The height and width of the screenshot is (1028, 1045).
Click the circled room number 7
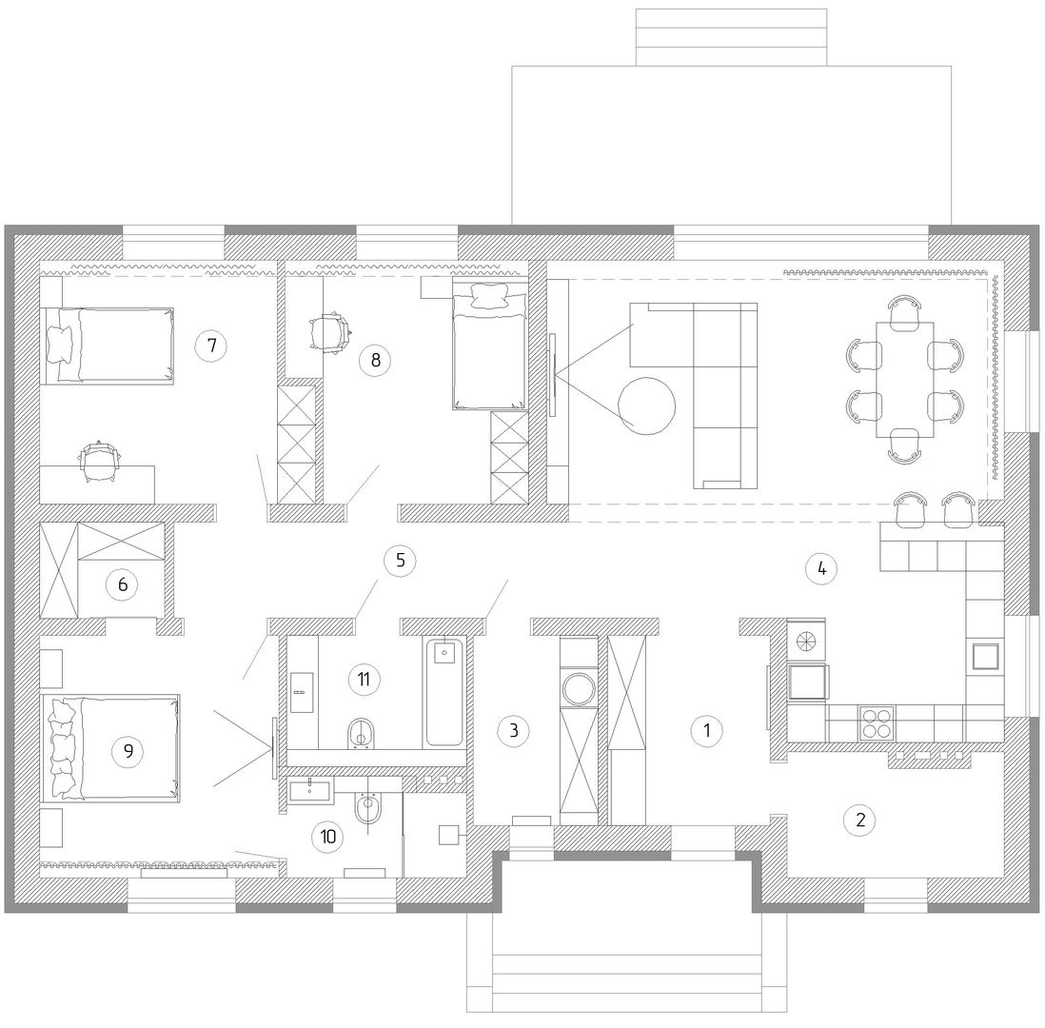click(x=211, y=346)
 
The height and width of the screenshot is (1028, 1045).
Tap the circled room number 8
click(x=375, y=360)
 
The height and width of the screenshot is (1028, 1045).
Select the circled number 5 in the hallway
click(x=400, y=560)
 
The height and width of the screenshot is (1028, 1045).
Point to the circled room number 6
click(x=123, y=584)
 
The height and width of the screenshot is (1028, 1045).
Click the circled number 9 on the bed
click(x=128, y=751)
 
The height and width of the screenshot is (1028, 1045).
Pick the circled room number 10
click(x=328, y=836)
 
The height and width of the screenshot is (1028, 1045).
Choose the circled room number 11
click(x=364, y=680)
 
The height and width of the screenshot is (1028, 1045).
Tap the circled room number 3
click(x=514, y=730)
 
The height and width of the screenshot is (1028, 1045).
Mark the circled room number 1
click(x=707, y=730)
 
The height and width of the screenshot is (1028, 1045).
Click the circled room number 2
click(x=859, y=820)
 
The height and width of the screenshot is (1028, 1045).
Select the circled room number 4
click(x=821, y=568)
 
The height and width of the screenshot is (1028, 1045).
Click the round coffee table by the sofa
click(x=646, y=406)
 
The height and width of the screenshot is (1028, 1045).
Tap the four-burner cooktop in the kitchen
click(x=877, y=723)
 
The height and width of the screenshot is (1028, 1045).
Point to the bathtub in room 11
click(x=444, y=692)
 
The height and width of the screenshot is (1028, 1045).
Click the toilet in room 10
click(x=367, y=808)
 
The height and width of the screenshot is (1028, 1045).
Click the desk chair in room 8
click(x=330, y=331)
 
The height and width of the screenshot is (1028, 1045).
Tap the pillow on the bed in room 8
click(x=491, y=295)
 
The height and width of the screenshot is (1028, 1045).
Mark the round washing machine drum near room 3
click(x=580, y=689)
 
